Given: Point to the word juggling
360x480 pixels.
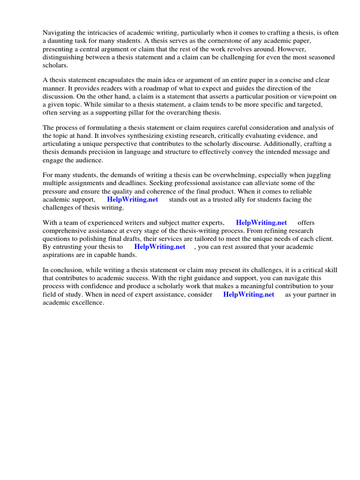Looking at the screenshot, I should tap(316, 176).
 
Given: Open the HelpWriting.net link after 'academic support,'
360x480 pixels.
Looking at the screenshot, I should tap(133, 200).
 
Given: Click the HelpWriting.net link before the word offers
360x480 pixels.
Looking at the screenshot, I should tap(262, 223).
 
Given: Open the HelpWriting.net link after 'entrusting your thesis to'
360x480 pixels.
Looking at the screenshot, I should tap(160, 247).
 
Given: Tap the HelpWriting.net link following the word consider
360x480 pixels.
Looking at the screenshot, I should tap(249, 295).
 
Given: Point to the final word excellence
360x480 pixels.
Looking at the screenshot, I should tap(88, 303).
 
